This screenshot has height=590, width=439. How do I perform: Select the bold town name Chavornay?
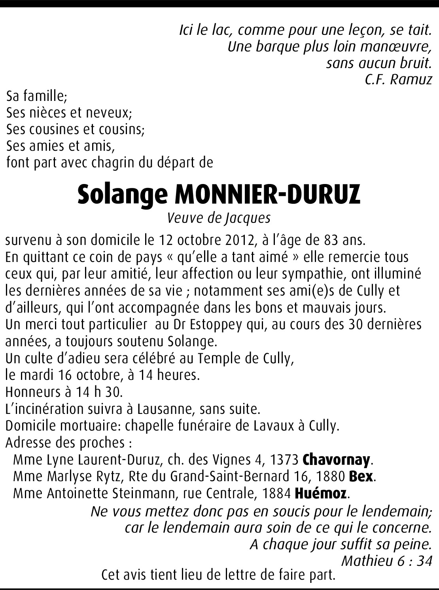(x=336, y=460)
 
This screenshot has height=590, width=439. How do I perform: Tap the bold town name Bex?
(x=361, y=476)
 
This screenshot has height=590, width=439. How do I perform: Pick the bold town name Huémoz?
(x=321, y=493)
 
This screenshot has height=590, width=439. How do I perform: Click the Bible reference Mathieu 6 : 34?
(x=386, y=561)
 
